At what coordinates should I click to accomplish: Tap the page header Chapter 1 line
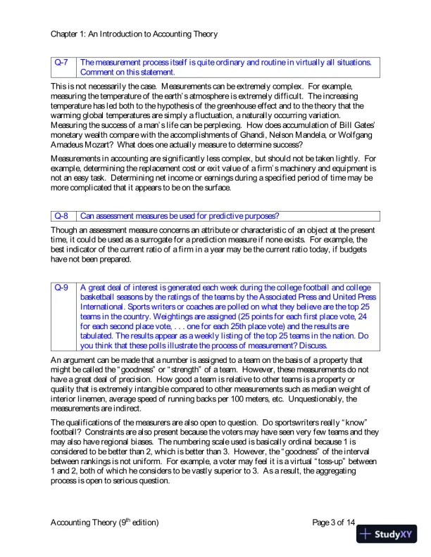134,33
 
